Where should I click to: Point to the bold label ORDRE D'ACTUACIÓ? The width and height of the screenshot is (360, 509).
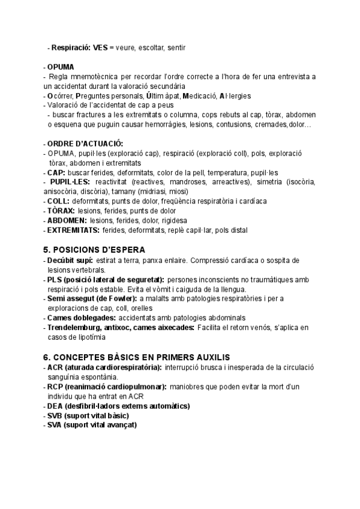click(85, 143)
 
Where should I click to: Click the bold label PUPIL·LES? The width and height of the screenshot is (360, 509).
click(71, 181)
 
